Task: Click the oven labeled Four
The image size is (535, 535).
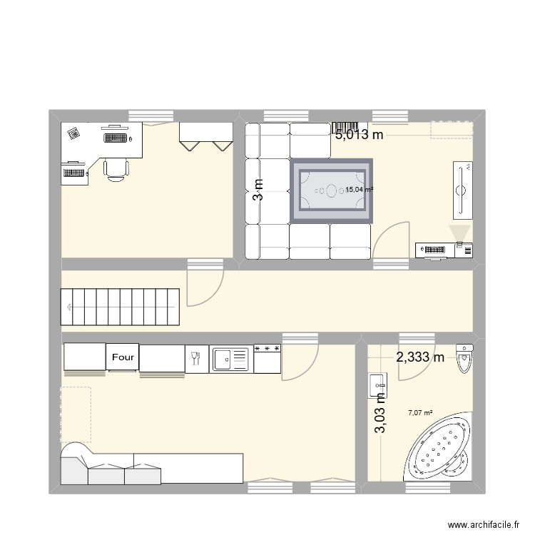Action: tap(123, 357)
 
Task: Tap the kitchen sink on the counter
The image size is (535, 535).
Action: tap(230, 359)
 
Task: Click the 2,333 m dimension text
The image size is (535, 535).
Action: tap(420, 357)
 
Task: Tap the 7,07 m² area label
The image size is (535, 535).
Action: tap(420, 412)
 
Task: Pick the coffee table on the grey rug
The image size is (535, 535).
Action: tap(331, 190)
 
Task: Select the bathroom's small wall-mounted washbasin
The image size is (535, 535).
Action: tap(375, 384)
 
